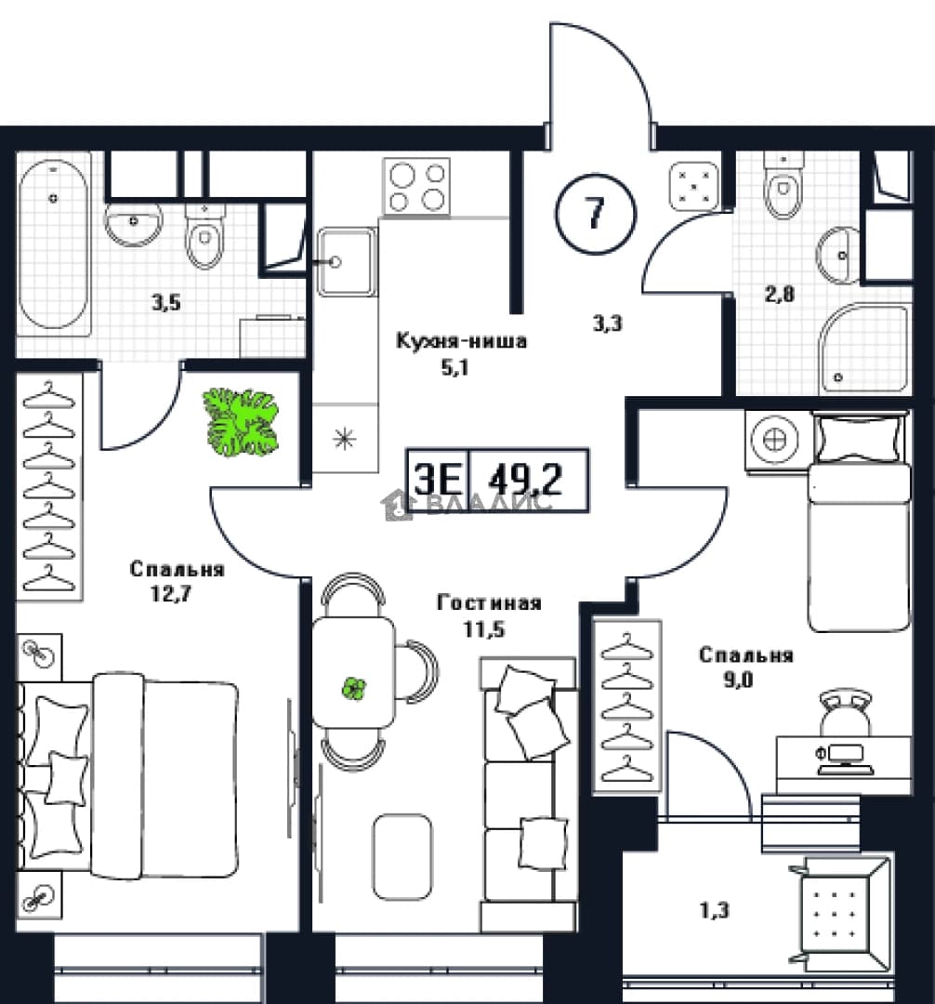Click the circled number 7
pyautogui.click(x=596, y=213)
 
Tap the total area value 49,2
pyautogui.click(x=525, y=479)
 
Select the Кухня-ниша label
pyautogui.click(x=461, y=340)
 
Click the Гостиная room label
pyautogui.click(x=490, y=602)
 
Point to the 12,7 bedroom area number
pyautogui.click(x=171, y=594)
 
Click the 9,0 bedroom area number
pyautogui.click(x=739, y=680)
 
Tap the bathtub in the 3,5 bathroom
pyautogui.click(x=53, y=244)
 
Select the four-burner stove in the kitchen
pyautogui.click(x=416, y=186)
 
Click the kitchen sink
pyautogui.click(x=347, y=261)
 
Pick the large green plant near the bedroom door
pyautogui.click(x=241, y=422)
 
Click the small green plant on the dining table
pyautogui.click(x=352, y=688)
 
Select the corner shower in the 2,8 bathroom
pyautogui.click(x=864, y=349)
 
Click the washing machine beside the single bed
pyautogui.click(x=774, y=441)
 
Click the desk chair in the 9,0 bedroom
pyautogui.click(x=845, y=712)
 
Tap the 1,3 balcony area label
pyautogui.click(x=714, y=910)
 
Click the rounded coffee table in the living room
pyautogui.click(x=402, y=857)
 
